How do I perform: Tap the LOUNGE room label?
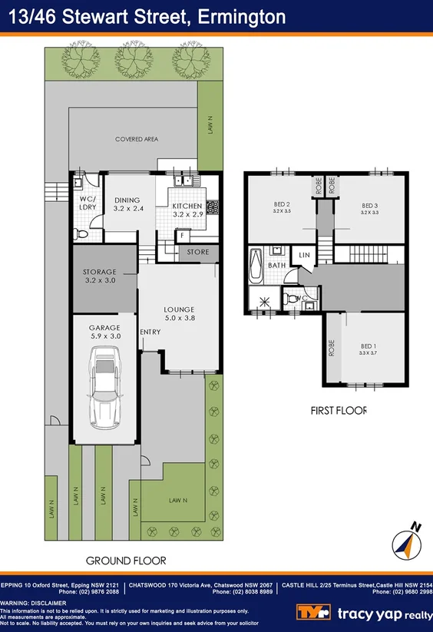180,310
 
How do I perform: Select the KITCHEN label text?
187,207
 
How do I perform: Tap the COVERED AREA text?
136,139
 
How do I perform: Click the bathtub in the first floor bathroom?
256,266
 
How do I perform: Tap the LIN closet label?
303,255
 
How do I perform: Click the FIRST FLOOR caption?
339,410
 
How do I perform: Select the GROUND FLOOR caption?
126,561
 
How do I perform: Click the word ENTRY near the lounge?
150,332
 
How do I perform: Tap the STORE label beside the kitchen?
198,251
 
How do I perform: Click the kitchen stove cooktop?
213,207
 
